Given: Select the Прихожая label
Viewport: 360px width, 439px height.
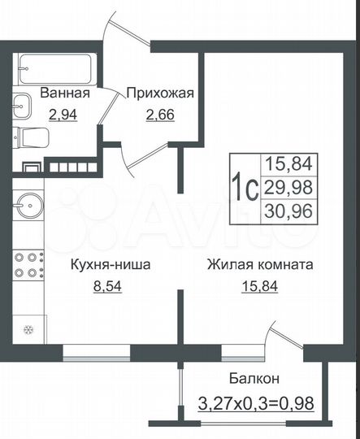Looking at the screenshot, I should pyautogui.click(x=159, y=93).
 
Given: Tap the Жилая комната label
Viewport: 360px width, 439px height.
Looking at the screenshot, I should pyautogui.click(x=260, y=264).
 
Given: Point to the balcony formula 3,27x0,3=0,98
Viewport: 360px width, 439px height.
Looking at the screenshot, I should pyautogui.click(x=257, y=401).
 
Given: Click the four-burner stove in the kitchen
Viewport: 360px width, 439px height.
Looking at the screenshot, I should pyautogui.click(x=29, y=265).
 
